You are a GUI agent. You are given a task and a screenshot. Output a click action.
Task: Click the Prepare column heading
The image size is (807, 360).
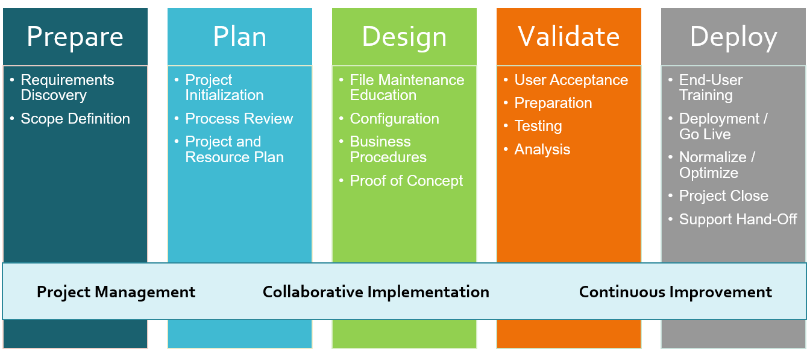[75, 37]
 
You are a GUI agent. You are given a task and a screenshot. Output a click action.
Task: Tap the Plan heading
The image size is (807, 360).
[239, 37]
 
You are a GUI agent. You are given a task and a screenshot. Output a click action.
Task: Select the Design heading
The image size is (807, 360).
[404, 37]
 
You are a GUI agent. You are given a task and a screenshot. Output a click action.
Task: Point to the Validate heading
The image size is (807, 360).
[568, 37]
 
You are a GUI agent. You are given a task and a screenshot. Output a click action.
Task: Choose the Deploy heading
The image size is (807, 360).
[733, 37]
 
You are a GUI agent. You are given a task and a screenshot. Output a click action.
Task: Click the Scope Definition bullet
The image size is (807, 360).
[75, 119]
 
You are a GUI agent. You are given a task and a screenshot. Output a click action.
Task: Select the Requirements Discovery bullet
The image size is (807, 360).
[67, 87]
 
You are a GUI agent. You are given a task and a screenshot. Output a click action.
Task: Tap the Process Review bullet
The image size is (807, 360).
[239, 119]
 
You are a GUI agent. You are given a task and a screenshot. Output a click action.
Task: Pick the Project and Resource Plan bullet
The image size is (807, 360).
[234, 150]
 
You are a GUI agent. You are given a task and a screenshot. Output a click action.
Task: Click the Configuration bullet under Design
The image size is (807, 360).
[394, 119]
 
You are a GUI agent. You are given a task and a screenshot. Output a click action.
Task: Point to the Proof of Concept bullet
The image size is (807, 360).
[406, 181]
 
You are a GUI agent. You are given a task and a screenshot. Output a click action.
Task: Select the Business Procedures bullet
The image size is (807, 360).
[388, 150]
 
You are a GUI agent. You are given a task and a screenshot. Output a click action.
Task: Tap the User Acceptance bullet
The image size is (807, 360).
[571, 80]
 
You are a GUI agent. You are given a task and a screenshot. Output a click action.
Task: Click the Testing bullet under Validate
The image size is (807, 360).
[538, 126]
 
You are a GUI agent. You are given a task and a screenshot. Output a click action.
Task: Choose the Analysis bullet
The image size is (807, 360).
[542, 150]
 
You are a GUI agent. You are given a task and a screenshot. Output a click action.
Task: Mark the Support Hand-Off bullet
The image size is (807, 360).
[738, 219]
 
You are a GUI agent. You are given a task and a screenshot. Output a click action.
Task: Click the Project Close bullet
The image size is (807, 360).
[723, 196]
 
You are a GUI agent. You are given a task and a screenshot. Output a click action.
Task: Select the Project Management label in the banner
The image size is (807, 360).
[116, 292]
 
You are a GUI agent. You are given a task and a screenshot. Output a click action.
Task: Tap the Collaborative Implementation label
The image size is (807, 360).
[376, 292]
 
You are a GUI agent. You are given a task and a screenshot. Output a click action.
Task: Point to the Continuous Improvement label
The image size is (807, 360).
[675, 292]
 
